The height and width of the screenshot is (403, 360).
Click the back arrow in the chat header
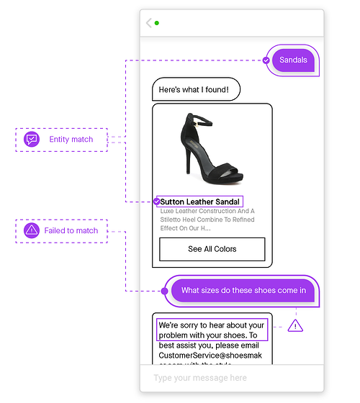click(149, 23)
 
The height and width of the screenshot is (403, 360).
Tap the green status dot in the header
click(157, 23)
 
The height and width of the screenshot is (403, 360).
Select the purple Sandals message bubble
click(293, 60)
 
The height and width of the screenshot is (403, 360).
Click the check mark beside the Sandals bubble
click(266, 60)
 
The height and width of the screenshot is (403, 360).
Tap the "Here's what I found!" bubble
click(194, 89)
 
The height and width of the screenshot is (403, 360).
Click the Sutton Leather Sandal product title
click(200, 202)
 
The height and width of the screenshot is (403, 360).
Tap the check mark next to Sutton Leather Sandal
click(156, 201)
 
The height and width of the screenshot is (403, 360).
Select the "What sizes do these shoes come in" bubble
click(243, 291)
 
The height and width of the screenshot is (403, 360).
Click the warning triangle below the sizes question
click(296, 326)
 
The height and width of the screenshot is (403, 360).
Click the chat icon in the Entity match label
click(32, 140)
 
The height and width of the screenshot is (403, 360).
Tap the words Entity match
click(71, 140)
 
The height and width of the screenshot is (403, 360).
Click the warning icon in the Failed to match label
click(32, 231)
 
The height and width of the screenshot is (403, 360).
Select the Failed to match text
click(71, 231)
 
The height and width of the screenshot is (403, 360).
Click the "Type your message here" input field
click(230, 378)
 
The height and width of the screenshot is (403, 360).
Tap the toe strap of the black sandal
click(228, 171)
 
